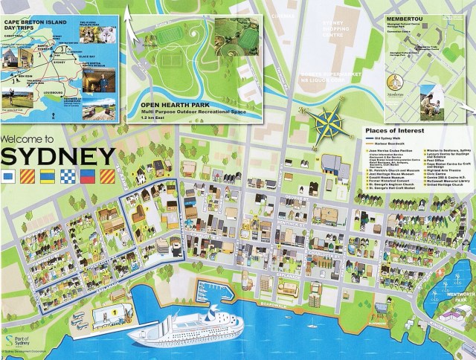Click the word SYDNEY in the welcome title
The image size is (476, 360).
(x=58, y=158)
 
